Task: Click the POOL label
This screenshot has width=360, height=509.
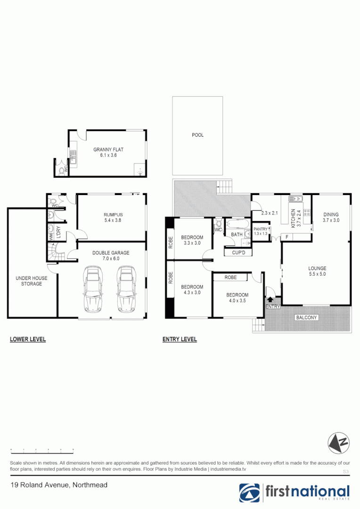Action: click(197, 135)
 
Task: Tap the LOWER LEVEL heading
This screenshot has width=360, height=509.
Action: click(28, 339)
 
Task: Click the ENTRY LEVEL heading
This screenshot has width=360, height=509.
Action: click(180, 339)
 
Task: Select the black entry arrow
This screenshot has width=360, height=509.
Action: click(270, 298)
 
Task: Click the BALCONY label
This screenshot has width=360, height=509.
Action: click(306, 318)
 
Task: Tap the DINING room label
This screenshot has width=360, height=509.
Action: click(331, 214)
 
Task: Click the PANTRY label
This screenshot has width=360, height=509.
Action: click(261, 229)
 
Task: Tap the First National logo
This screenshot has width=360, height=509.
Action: click(295, 493)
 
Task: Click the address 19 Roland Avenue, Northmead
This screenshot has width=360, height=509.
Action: click(59, 485)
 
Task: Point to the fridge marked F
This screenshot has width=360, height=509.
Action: click(286, 237)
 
